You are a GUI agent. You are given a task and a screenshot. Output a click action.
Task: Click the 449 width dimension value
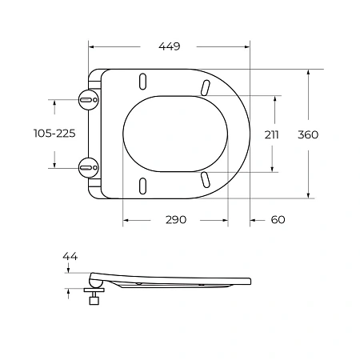point(169,46)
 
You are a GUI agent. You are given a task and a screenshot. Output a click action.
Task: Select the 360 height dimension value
point(308,134)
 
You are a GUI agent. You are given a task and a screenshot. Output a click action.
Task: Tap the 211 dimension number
point(272,134)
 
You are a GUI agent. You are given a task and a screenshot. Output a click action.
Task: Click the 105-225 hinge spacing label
point(54,134)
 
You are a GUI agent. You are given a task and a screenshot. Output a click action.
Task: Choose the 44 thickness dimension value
point(70,256)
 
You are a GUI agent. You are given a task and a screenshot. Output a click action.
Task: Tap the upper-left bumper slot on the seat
point(144,82)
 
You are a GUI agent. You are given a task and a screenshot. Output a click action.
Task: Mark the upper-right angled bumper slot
point(206,86)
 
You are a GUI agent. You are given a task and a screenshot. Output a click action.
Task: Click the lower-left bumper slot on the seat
point(144,185)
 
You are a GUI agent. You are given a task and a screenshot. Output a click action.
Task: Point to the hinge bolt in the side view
point(94,301)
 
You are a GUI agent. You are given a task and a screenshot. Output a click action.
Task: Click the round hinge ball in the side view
point(94,282)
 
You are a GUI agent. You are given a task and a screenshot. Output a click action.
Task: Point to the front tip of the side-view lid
point(250,281)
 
